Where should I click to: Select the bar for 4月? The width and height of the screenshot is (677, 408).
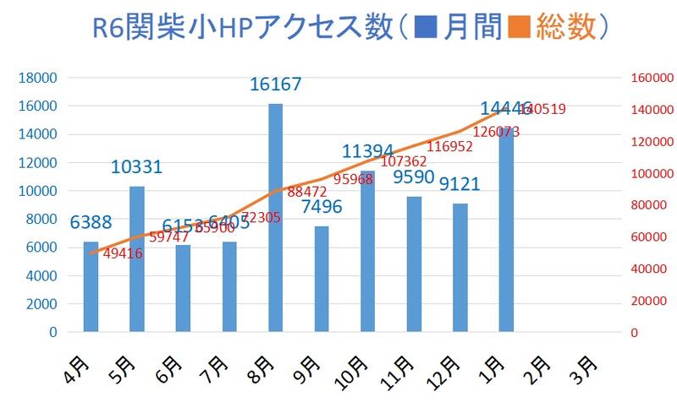[91, 287]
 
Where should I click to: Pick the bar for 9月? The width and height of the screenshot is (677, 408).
[322, 279]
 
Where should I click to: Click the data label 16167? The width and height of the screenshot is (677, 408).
[276, 84]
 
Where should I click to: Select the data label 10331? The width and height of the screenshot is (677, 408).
[136, 167]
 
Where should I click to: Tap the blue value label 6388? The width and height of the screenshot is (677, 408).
[91, 223]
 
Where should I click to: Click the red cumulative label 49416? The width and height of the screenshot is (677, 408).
[123, 253]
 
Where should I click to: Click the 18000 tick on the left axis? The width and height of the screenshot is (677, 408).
[37, 78]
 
